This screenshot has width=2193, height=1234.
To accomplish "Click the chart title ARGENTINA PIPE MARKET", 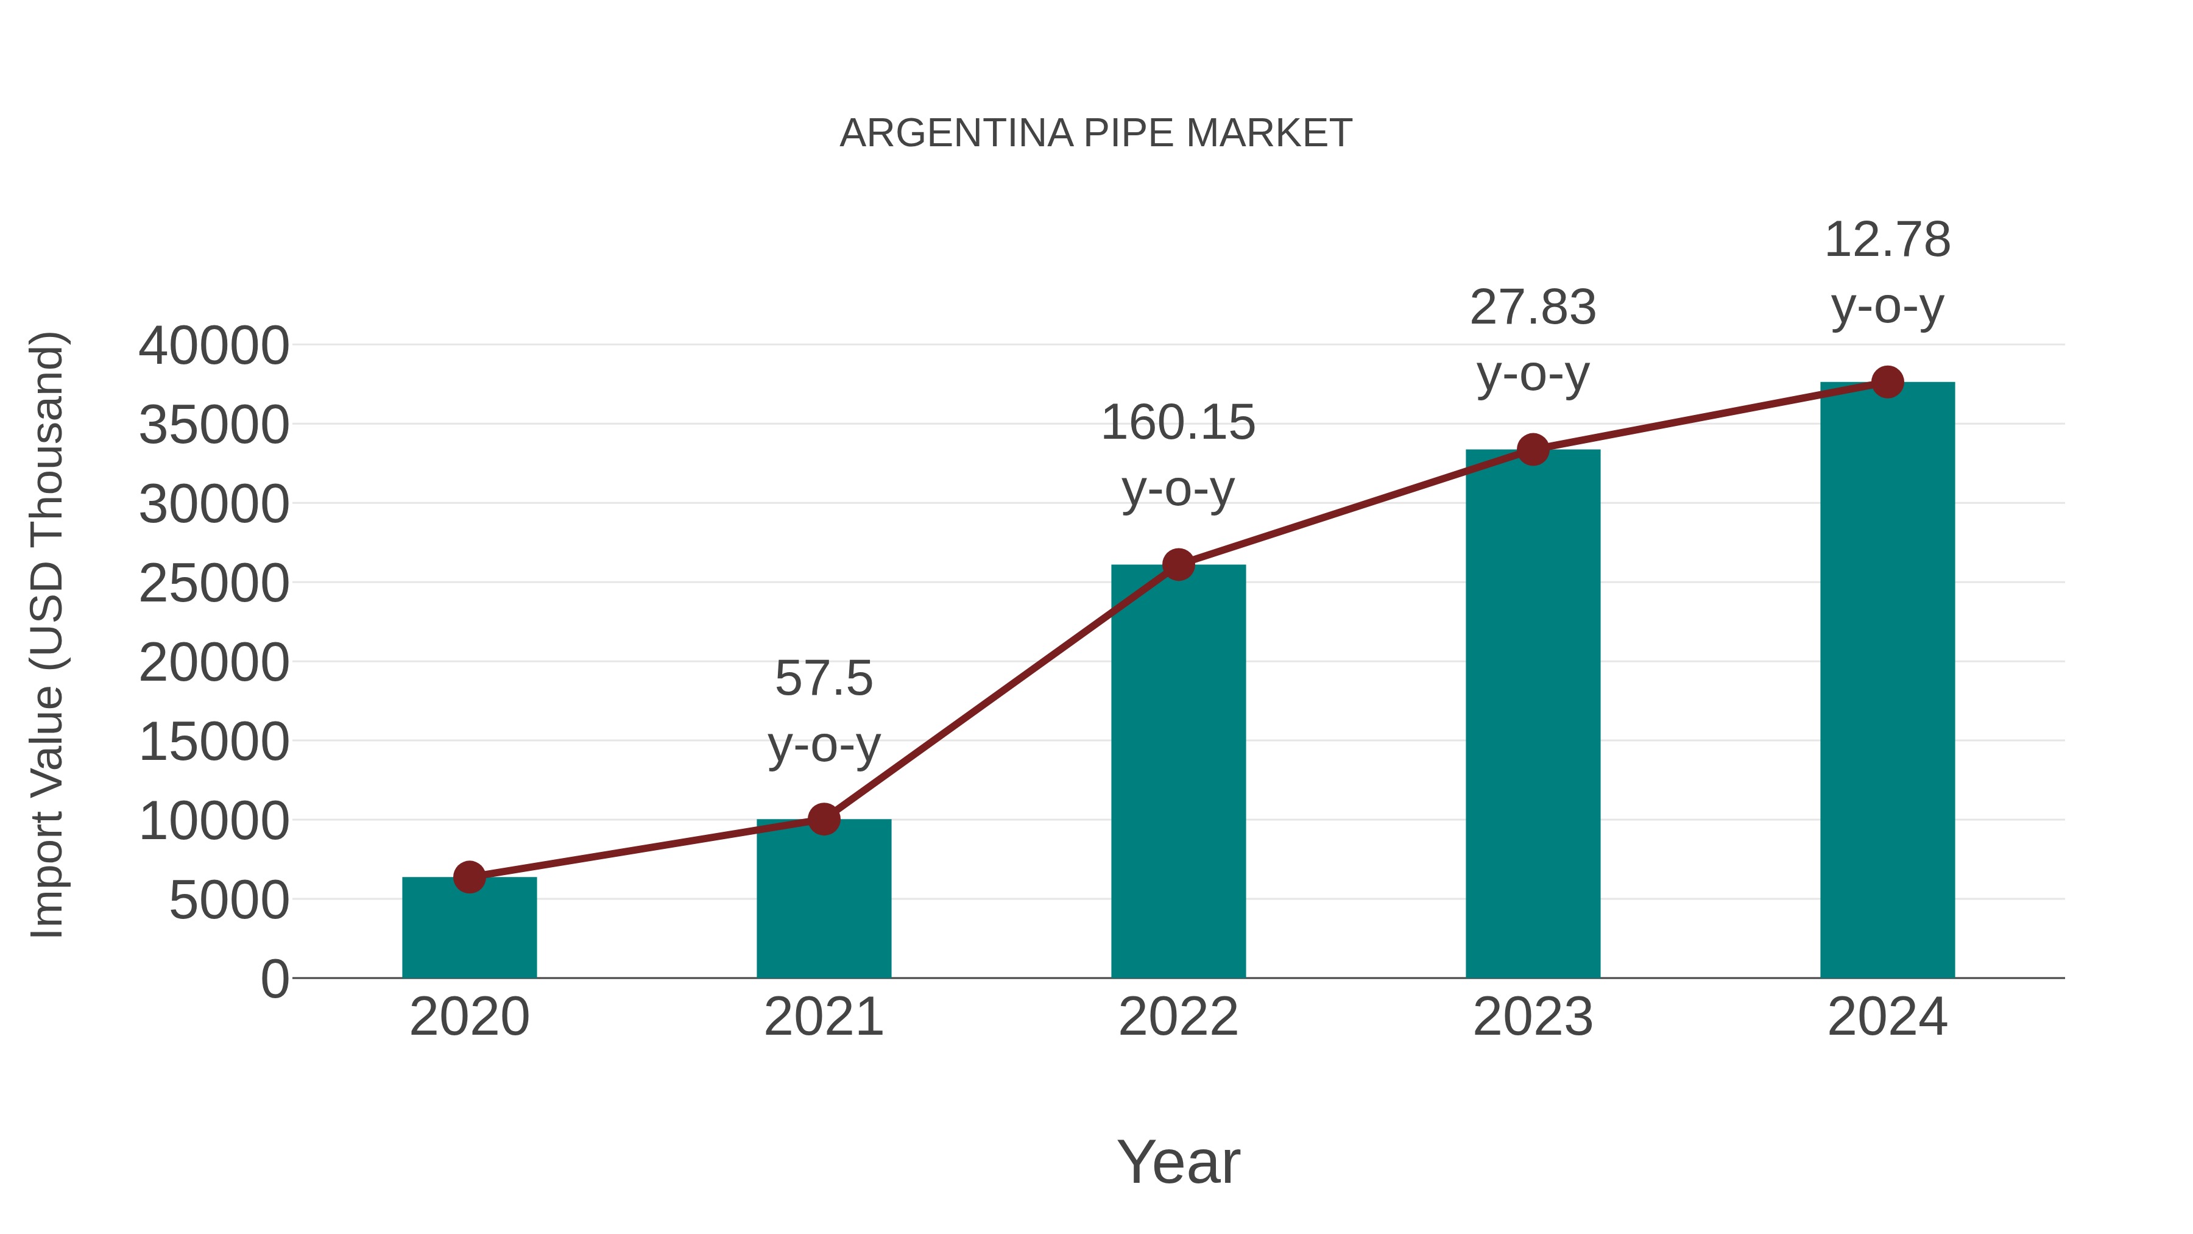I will coord(1096,133).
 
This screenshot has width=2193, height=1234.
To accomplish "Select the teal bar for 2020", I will coord(469,932).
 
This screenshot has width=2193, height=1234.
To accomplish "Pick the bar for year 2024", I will coord(1887,681).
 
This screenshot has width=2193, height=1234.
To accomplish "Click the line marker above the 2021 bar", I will coord(824,819).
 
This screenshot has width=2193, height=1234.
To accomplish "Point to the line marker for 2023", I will coord(1533,450).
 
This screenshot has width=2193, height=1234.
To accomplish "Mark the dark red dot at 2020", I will coord(469,876).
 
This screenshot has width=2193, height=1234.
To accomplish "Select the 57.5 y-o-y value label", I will coord(824,679).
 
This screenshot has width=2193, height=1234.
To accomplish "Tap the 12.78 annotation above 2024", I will coord(1887,240).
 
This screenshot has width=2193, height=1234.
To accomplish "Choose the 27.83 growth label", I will coord(1533,308).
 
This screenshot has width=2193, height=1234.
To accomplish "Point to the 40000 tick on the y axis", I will coord(214,347).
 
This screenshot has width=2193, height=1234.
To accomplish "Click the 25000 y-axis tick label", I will coord(214,584).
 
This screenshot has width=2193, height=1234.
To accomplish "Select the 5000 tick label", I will coord(229,900).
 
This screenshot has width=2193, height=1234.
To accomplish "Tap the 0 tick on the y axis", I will coord(275,979).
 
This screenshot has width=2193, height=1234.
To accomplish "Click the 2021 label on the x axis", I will coord(824,1017).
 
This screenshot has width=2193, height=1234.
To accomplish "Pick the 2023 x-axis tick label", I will coord(1533,1017).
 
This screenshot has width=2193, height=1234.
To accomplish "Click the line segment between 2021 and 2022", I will coord(1001,692).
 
